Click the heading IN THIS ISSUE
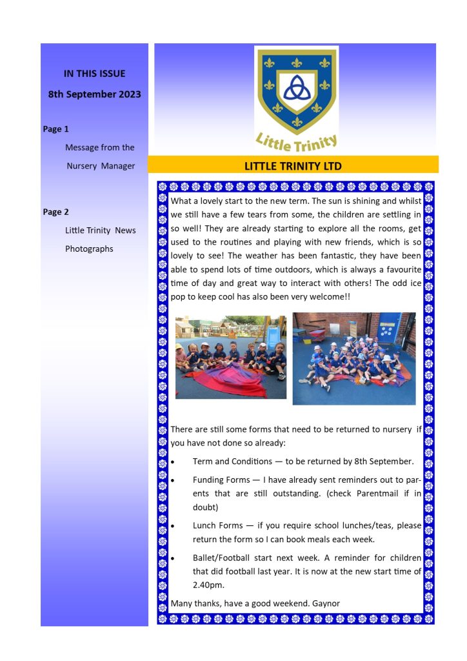click(x=94, y=74)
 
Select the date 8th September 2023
click(x=94, y=94)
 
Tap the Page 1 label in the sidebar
click(x=55, y=129)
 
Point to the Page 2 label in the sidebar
click(x=55, y=212)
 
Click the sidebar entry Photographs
click(x=89, y=249)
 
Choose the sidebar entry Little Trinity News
click(x=100, y=230)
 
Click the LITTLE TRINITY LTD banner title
click(x=293, y=166)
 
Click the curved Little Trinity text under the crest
click(x=296, y=140)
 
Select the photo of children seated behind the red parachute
click(x=230, y=357)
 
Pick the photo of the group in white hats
click(x=354, y=358)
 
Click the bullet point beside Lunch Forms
click(x=173, y=526)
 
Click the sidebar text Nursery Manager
click(x=101, y=166)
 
